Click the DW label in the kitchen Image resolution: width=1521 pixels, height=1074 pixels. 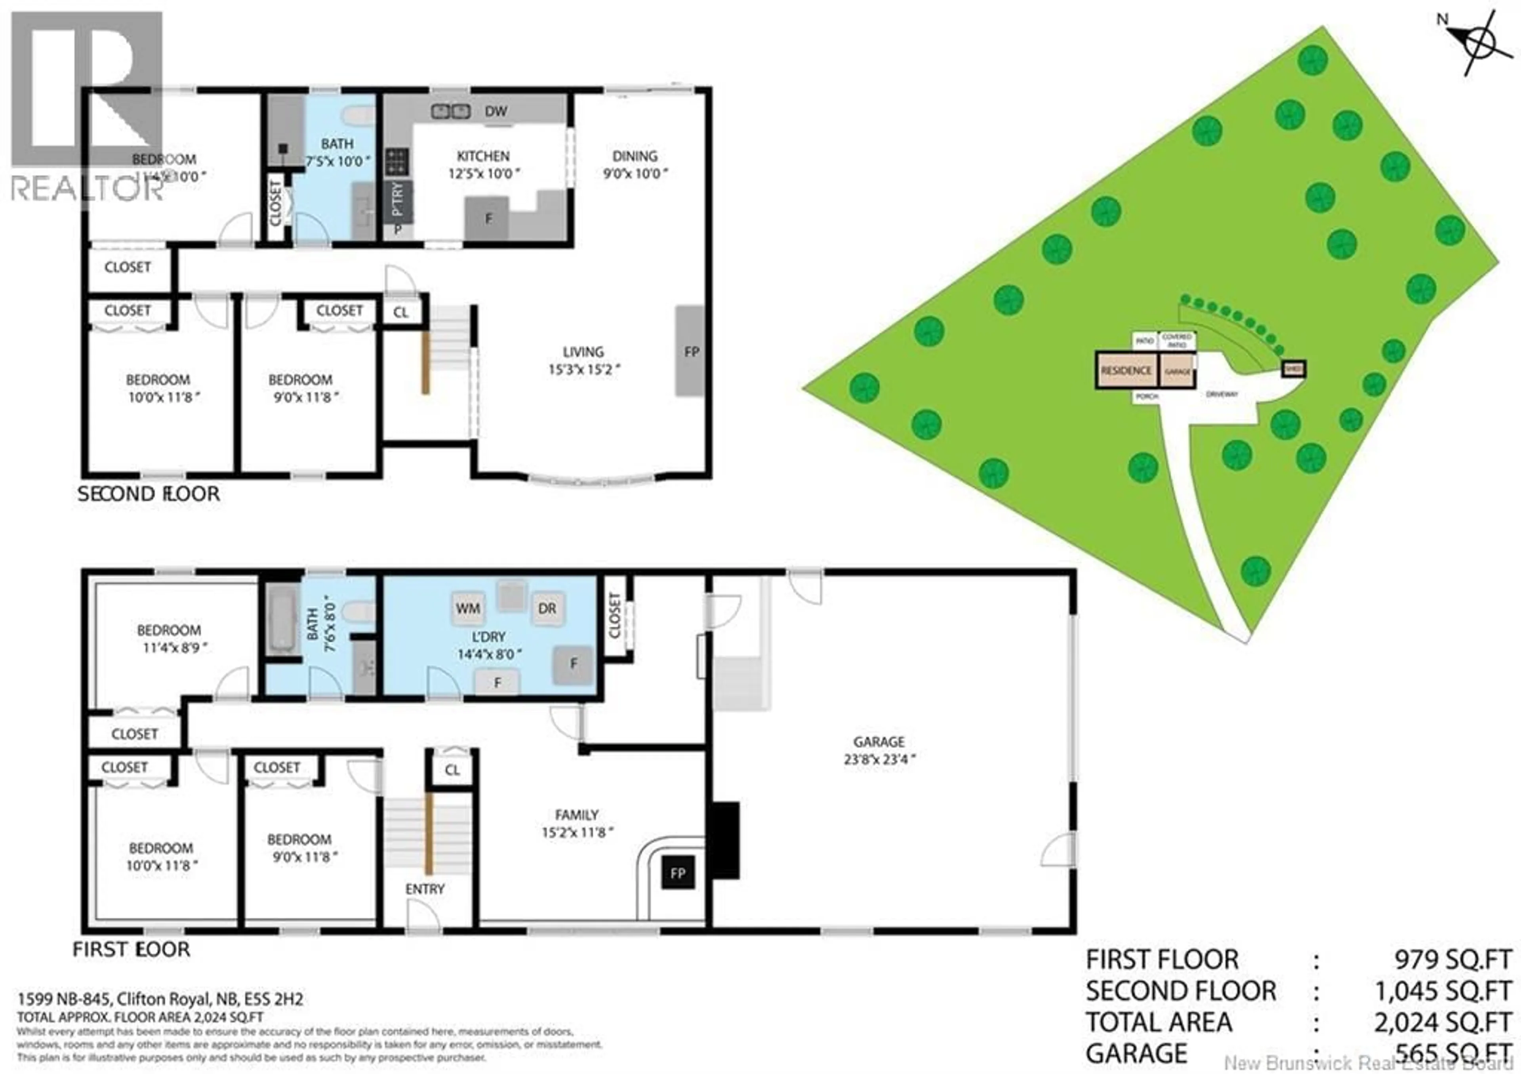(x=496, y=111)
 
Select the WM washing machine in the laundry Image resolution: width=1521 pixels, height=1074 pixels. (x=468, y=608)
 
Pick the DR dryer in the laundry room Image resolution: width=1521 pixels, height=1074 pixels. (x=547, y=608)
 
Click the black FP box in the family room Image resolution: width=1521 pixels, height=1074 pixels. (x=677, y=873)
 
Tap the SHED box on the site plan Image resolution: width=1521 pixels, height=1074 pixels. (x=1294, y=369)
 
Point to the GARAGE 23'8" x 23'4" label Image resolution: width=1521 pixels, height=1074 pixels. (x=879, y=751)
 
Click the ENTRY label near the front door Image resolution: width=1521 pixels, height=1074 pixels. (x=425, y=889)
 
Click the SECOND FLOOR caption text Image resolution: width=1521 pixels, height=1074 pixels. (x=149, y=494)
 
